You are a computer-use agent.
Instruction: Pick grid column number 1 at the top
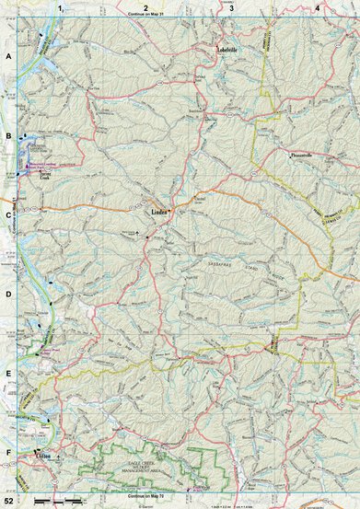click(60, 7)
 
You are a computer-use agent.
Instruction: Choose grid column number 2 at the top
click(145, 7)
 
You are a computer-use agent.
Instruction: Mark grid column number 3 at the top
click(231, 7)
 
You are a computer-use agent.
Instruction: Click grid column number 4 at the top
click(317, 7)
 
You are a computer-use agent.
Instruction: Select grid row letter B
click(8, 136)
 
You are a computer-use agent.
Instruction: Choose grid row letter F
click(8, 454)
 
